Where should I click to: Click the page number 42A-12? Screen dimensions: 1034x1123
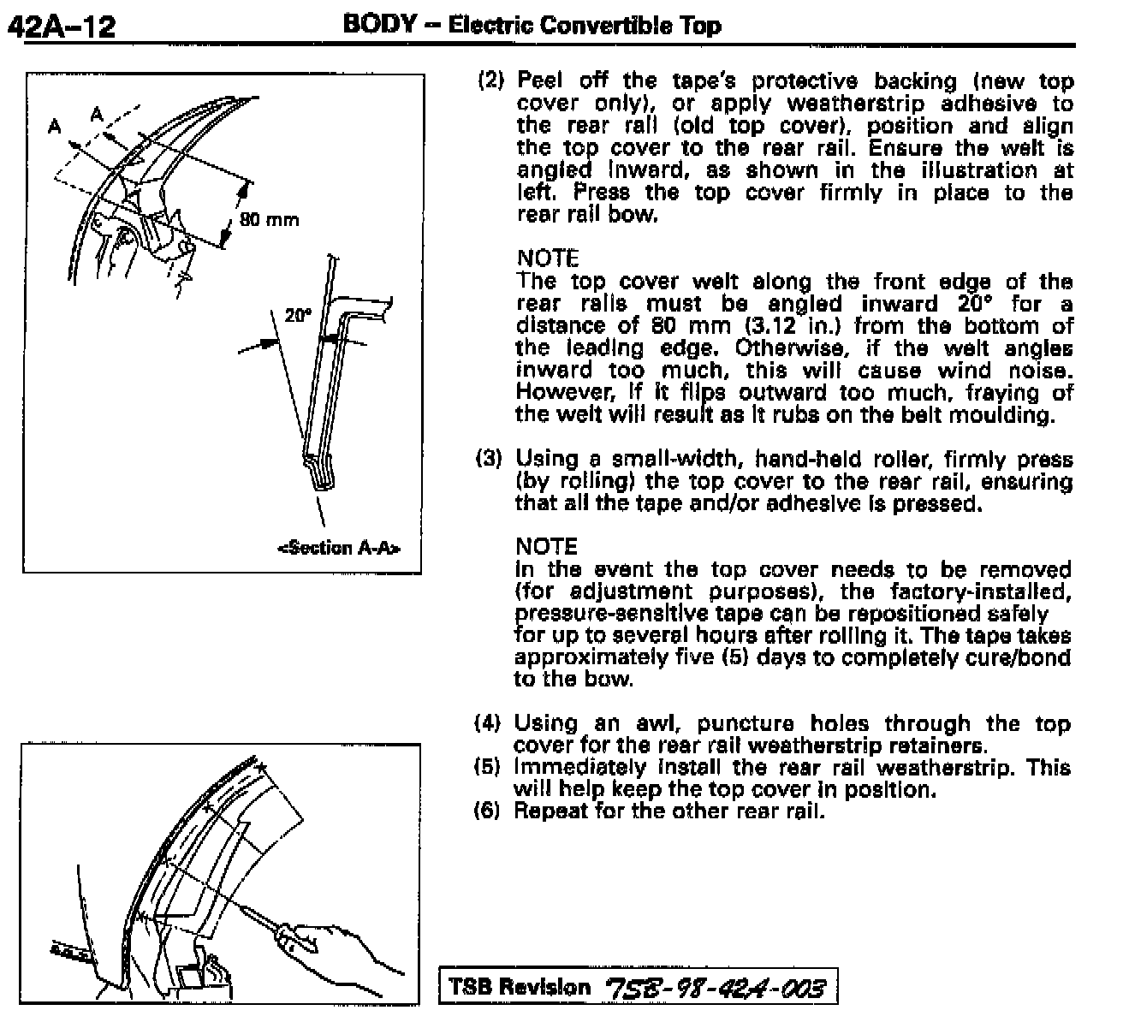point(61,27)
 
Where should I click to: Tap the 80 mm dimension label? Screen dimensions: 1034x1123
point(269,220)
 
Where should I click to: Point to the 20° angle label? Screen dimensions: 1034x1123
point(297,315)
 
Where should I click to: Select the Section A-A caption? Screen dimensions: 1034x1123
point(339,547)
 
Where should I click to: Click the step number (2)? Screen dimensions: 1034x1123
point(492,81)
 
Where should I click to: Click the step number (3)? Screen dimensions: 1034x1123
point(489,459)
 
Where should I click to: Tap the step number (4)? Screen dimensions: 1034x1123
point(487,723)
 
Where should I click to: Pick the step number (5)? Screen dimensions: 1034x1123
point(487,767)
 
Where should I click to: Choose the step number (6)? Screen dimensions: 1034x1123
point(487,811)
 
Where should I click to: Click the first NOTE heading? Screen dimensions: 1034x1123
point(548,258)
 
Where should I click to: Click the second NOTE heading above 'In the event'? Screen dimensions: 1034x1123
point(547,546)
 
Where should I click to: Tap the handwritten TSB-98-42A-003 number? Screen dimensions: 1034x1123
point(716,988)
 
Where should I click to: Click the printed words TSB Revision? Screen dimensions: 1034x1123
point(520,987)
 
